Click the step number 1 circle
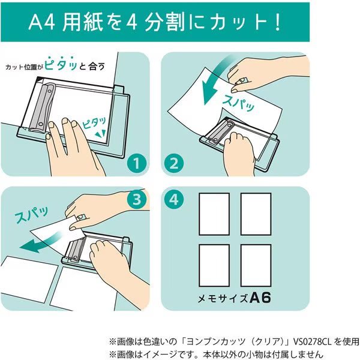pos(138,163)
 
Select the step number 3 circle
pos(138,200)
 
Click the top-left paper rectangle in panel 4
pos(214,214)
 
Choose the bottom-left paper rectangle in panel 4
pos(214,265)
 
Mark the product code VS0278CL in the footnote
pos(278,339)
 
